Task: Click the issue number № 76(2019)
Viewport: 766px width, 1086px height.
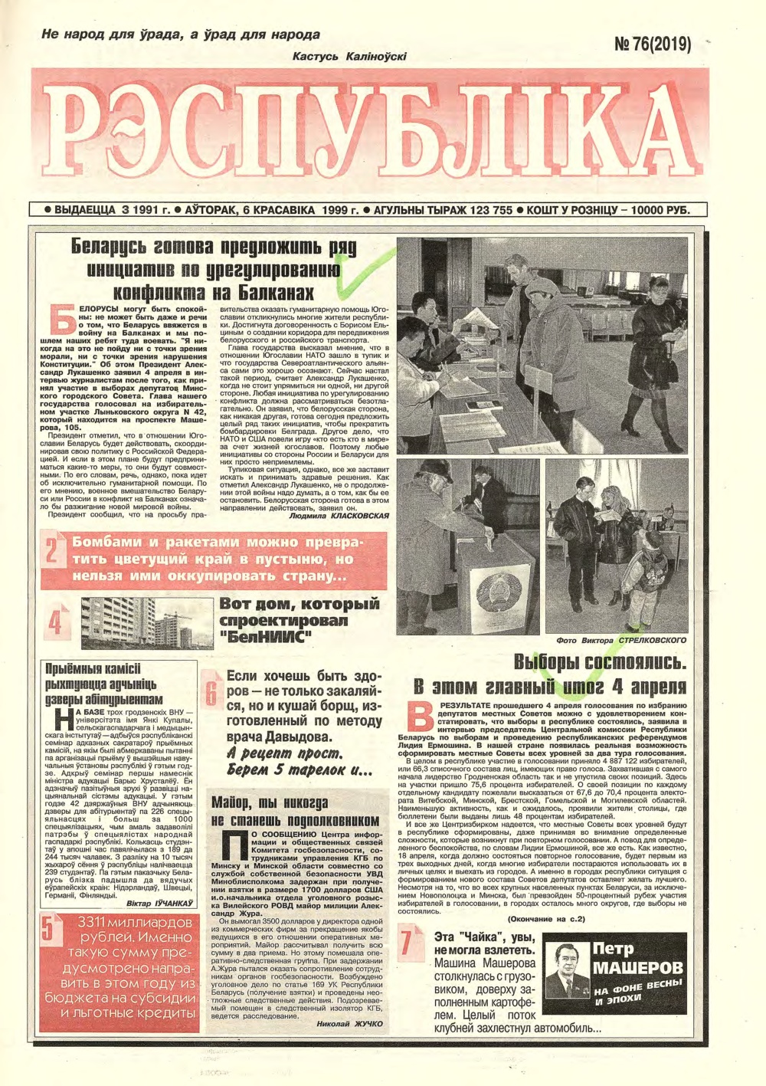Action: pyautogui.click(x=652, y=44)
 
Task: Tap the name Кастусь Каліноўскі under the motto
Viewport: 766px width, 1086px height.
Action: pyautogui.click(x=349, y=56)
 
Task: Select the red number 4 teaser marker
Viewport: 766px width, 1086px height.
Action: pyautogui.click(x=54, y=621)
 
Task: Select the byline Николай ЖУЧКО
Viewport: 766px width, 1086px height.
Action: pyautogui.click(x=349, y=1022)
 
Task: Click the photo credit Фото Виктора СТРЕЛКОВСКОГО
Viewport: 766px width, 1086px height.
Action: pyautogui.click(x=621, y=639)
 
